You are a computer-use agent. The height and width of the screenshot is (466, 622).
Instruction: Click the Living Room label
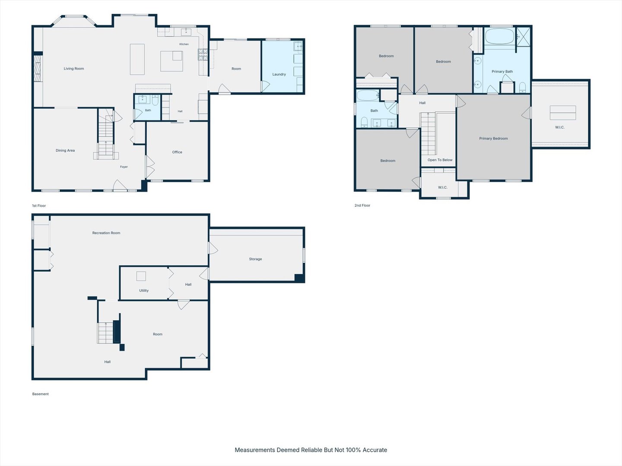click(x=74, y=69)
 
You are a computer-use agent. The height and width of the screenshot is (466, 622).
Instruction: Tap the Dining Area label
click(x=65, y=150)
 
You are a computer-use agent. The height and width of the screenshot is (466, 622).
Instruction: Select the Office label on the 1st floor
click(x=177, y=152)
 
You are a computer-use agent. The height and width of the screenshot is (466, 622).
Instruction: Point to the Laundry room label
click(x=279, y=74)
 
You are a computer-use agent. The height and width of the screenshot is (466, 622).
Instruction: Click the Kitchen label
click(x=184, y=44)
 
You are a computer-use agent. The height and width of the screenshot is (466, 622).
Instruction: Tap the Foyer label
click(x=124, y=167)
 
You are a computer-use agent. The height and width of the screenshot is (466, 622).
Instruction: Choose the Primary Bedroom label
click(x=493, y=139)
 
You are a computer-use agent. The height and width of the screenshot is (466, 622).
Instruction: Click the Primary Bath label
click(x=502, y=72)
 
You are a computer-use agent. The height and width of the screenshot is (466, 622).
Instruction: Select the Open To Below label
click(x=440, y=160)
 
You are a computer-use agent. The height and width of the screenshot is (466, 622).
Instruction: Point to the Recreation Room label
click(x=106, y=233)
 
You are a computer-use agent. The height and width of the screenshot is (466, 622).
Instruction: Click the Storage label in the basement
click(x=255, y=259)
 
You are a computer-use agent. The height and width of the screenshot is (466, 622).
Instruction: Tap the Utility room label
click(x=144, y=290)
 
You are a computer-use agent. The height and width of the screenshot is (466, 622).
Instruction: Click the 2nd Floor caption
click(x=362, y=205)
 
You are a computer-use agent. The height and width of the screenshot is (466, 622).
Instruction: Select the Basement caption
click(x=40, y=394)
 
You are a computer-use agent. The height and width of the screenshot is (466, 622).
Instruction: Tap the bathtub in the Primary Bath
click(x=500, y=36)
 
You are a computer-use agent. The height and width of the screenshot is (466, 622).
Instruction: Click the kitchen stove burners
click(x=203, y=54)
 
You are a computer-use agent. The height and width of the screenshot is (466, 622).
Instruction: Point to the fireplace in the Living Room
click(x=38, y=69)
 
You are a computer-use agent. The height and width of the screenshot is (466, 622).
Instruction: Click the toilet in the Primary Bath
click(x=523, y=87)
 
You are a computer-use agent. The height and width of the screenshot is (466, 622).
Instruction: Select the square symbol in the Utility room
click(x=141, y=276)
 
